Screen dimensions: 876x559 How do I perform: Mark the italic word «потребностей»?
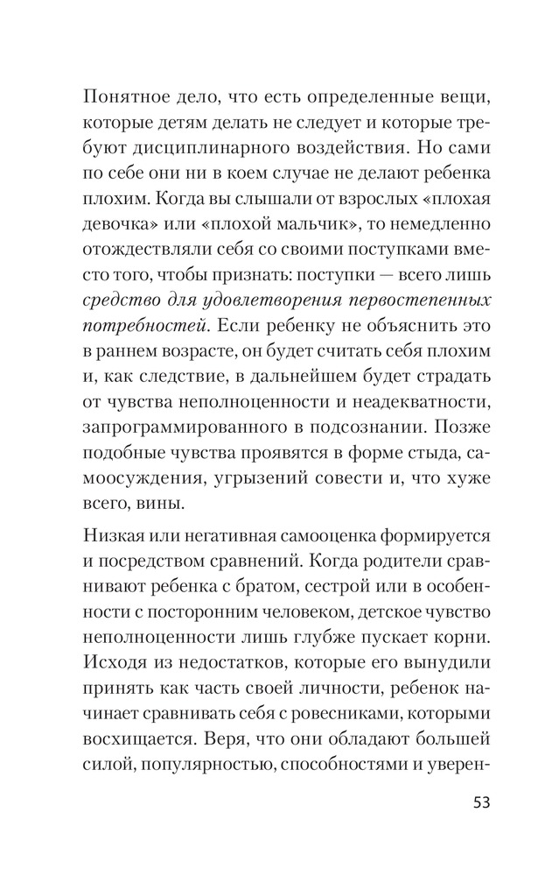[x=145, y=327]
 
